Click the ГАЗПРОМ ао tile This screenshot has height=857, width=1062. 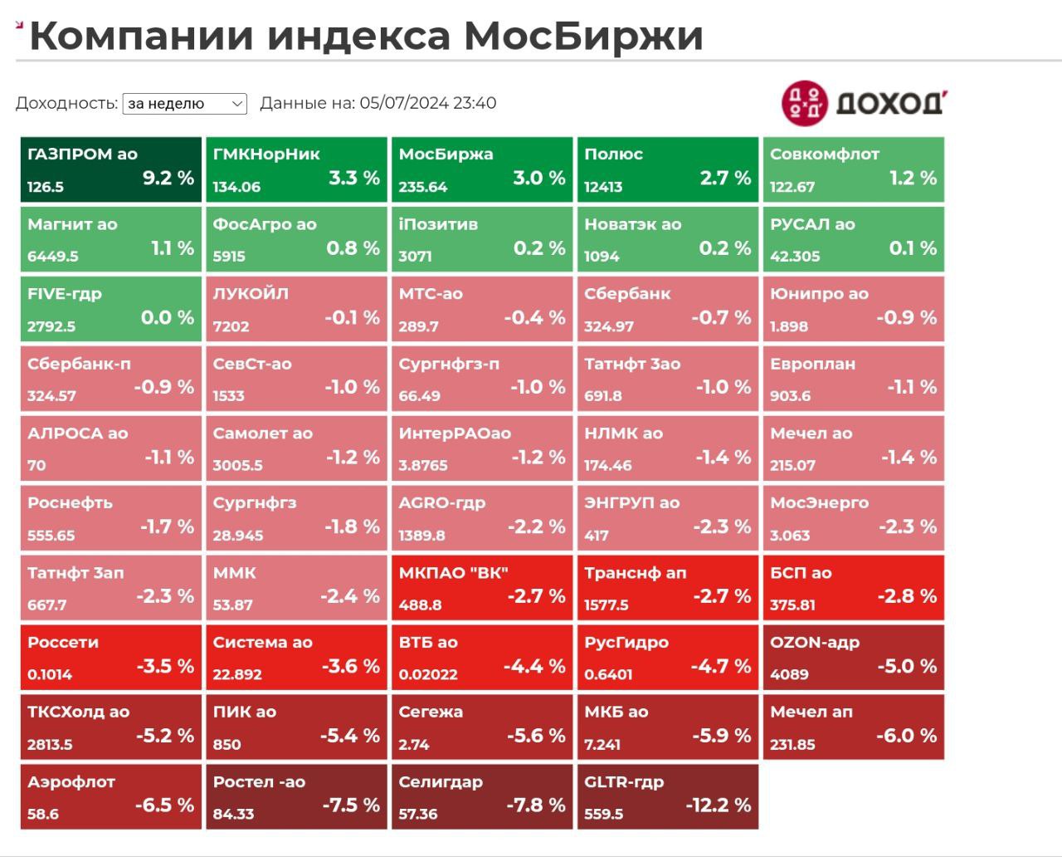tap(110, 170)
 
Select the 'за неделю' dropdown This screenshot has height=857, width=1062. tap(184, 104)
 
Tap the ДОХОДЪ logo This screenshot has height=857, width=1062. tap(864, 103)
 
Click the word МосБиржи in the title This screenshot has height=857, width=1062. tap(582, 36)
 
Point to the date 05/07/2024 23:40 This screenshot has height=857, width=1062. tap(427, 104)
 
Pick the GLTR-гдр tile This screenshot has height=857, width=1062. tap(667, 797)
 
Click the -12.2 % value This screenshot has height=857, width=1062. tap(718, 805)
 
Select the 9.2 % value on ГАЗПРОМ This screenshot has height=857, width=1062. tap(168, 178)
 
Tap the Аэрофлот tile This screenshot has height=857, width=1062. tap(110, 797)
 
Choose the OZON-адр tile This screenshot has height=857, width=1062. tap(853, 658)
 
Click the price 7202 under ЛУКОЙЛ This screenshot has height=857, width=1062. tap(231, 326)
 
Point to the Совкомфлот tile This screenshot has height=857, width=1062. tap(853, 170)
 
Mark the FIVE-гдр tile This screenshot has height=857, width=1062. tap(110, 310)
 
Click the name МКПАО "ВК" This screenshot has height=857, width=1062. tap(453, 573)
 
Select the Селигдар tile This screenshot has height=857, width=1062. tap(481, 797)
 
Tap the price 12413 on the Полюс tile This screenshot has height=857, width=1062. tap(603, 187)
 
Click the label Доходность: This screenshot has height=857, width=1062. tap(66, 104)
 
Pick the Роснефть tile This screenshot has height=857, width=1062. tap(110, 518)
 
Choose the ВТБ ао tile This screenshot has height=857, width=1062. tap(481, 658)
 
